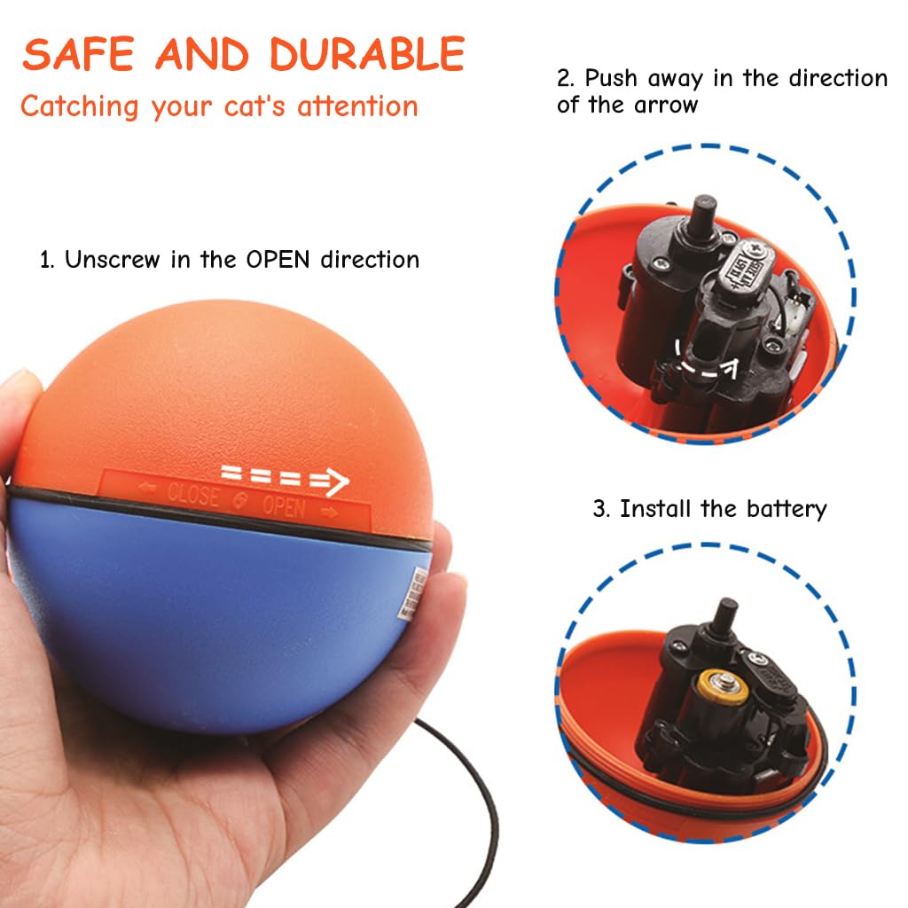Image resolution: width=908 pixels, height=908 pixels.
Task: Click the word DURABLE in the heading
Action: [x=367, y=55]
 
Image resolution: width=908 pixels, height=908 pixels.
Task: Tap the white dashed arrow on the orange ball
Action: [x=285, y=479]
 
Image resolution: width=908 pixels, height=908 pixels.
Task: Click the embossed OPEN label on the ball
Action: [x=283, y=508]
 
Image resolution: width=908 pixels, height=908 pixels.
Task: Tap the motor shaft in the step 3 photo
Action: [x=726, y=613]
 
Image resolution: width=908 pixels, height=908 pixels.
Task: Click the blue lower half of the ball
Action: [x=222, y=621]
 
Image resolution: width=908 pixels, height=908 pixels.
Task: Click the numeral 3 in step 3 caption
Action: [x=599, y=509]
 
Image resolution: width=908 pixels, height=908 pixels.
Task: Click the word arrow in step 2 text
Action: [x=666, y=105]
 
